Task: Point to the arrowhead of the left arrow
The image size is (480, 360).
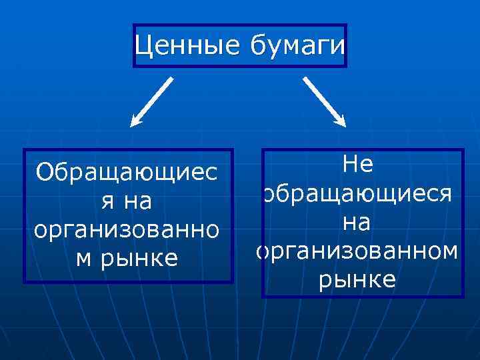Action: tap(135, 121)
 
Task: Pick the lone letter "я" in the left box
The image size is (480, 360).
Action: tap(107, 201)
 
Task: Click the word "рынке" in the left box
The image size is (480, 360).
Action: tap(140, 257)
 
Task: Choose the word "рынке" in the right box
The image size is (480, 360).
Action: tap(357, 280)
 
